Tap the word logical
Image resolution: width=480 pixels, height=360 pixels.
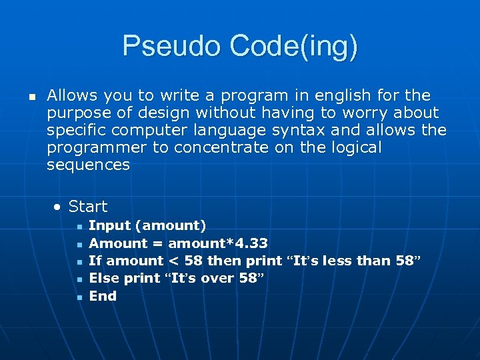[352, 147]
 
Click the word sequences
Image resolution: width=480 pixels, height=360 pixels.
[88, 165]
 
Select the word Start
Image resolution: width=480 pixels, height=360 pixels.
[88, 207]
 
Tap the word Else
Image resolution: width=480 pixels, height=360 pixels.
[104, 278]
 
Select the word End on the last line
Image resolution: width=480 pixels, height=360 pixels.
[103, 295]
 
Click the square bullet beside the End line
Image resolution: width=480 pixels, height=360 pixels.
[79, 297]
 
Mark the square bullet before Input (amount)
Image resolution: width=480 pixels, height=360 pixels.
[79, 227]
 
